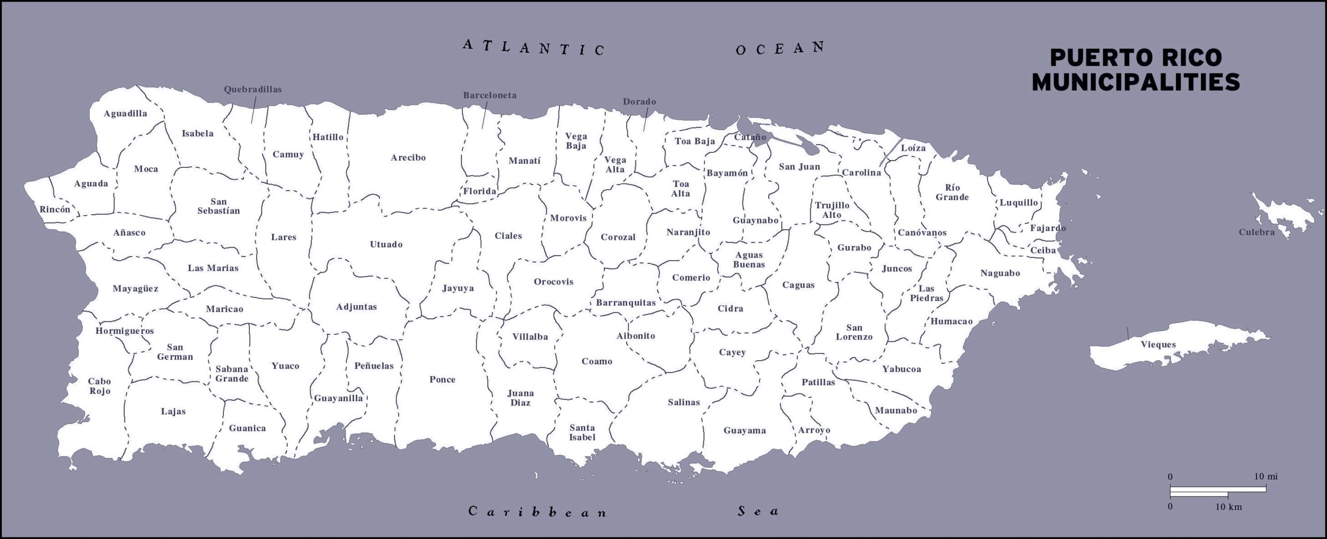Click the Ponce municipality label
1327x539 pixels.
[x=442, y=379]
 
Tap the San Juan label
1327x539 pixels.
[x=799, y=167]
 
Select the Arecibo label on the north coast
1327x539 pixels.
[x=408, y=158]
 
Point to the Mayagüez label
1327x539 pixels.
[x=135, y=289]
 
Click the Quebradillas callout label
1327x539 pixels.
[x=252, y=89]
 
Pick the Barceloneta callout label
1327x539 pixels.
[x=489, y=95]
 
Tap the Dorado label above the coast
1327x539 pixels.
[x=639, y=102]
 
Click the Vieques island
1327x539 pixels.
[x=1158, y=345]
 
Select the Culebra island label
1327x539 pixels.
[x=1257, y=232]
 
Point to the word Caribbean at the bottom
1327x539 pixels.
[x=537, y=512]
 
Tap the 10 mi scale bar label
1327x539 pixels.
[x=1266, y=476]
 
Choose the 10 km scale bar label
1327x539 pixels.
[x=1228, y=507]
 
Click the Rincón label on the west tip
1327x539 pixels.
[x=55, y=210]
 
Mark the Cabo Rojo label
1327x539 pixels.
[x=100, y=386]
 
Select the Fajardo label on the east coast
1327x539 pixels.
[x=1048, y=228]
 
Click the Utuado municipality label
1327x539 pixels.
[x=386, y=245]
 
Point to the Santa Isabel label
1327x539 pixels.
[x=582, y=432]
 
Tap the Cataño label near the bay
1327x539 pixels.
[x=750, y=137]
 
